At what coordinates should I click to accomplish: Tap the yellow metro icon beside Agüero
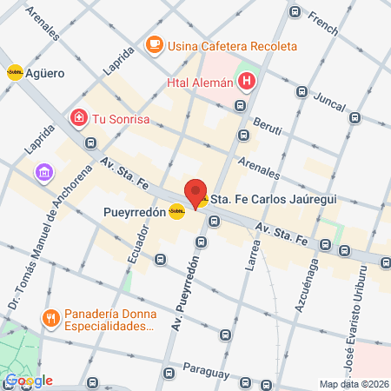(x=15, y=74)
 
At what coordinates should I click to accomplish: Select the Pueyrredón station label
(x=133, y=210)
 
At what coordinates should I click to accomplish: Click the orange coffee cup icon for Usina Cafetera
(x=154, y=44)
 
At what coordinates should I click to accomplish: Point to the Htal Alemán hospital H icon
(x=248, y=83)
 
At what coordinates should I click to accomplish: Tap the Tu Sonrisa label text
(x=123, y=118)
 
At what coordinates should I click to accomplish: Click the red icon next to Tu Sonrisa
(x=79, y=117)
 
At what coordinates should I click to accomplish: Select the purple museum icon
(x=43, y=174)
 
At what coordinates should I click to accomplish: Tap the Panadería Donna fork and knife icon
(x=51, y=318)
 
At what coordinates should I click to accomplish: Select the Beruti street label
(x=268, y=127)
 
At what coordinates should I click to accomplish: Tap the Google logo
(x=29, y=381)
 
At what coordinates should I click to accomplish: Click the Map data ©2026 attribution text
(x=353, y=384)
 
